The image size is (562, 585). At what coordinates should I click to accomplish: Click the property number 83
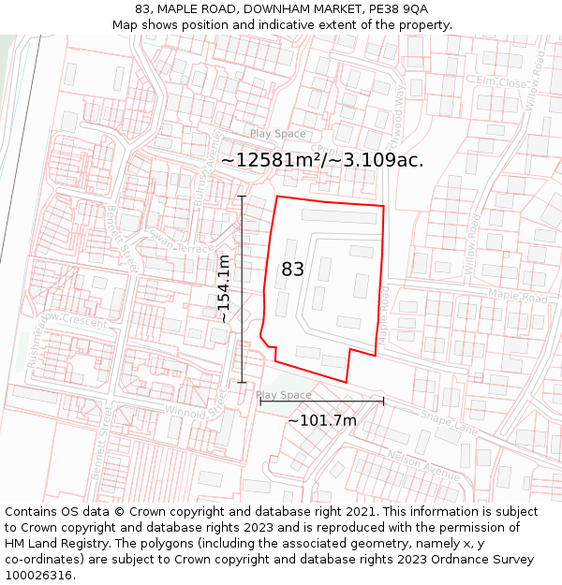coord(292,270)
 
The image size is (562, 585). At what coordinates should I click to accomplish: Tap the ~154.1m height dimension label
coord(224,288)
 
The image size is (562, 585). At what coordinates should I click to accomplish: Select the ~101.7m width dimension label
coord(321,421)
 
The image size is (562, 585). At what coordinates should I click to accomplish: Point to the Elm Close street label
coord(502,82)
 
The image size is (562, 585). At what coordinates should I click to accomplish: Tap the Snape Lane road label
coord(450,425)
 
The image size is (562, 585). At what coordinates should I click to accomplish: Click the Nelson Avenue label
coord(423,462)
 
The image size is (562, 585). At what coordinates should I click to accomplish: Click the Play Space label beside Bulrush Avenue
coord(277,134)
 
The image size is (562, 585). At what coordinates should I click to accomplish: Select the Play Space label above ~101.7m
coord(284,395)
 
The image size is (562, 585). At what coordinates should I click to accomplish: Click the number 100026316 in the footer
coord(38,576)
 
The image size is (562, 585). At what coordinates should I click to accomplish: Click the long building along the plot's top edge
coord(338,216)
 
